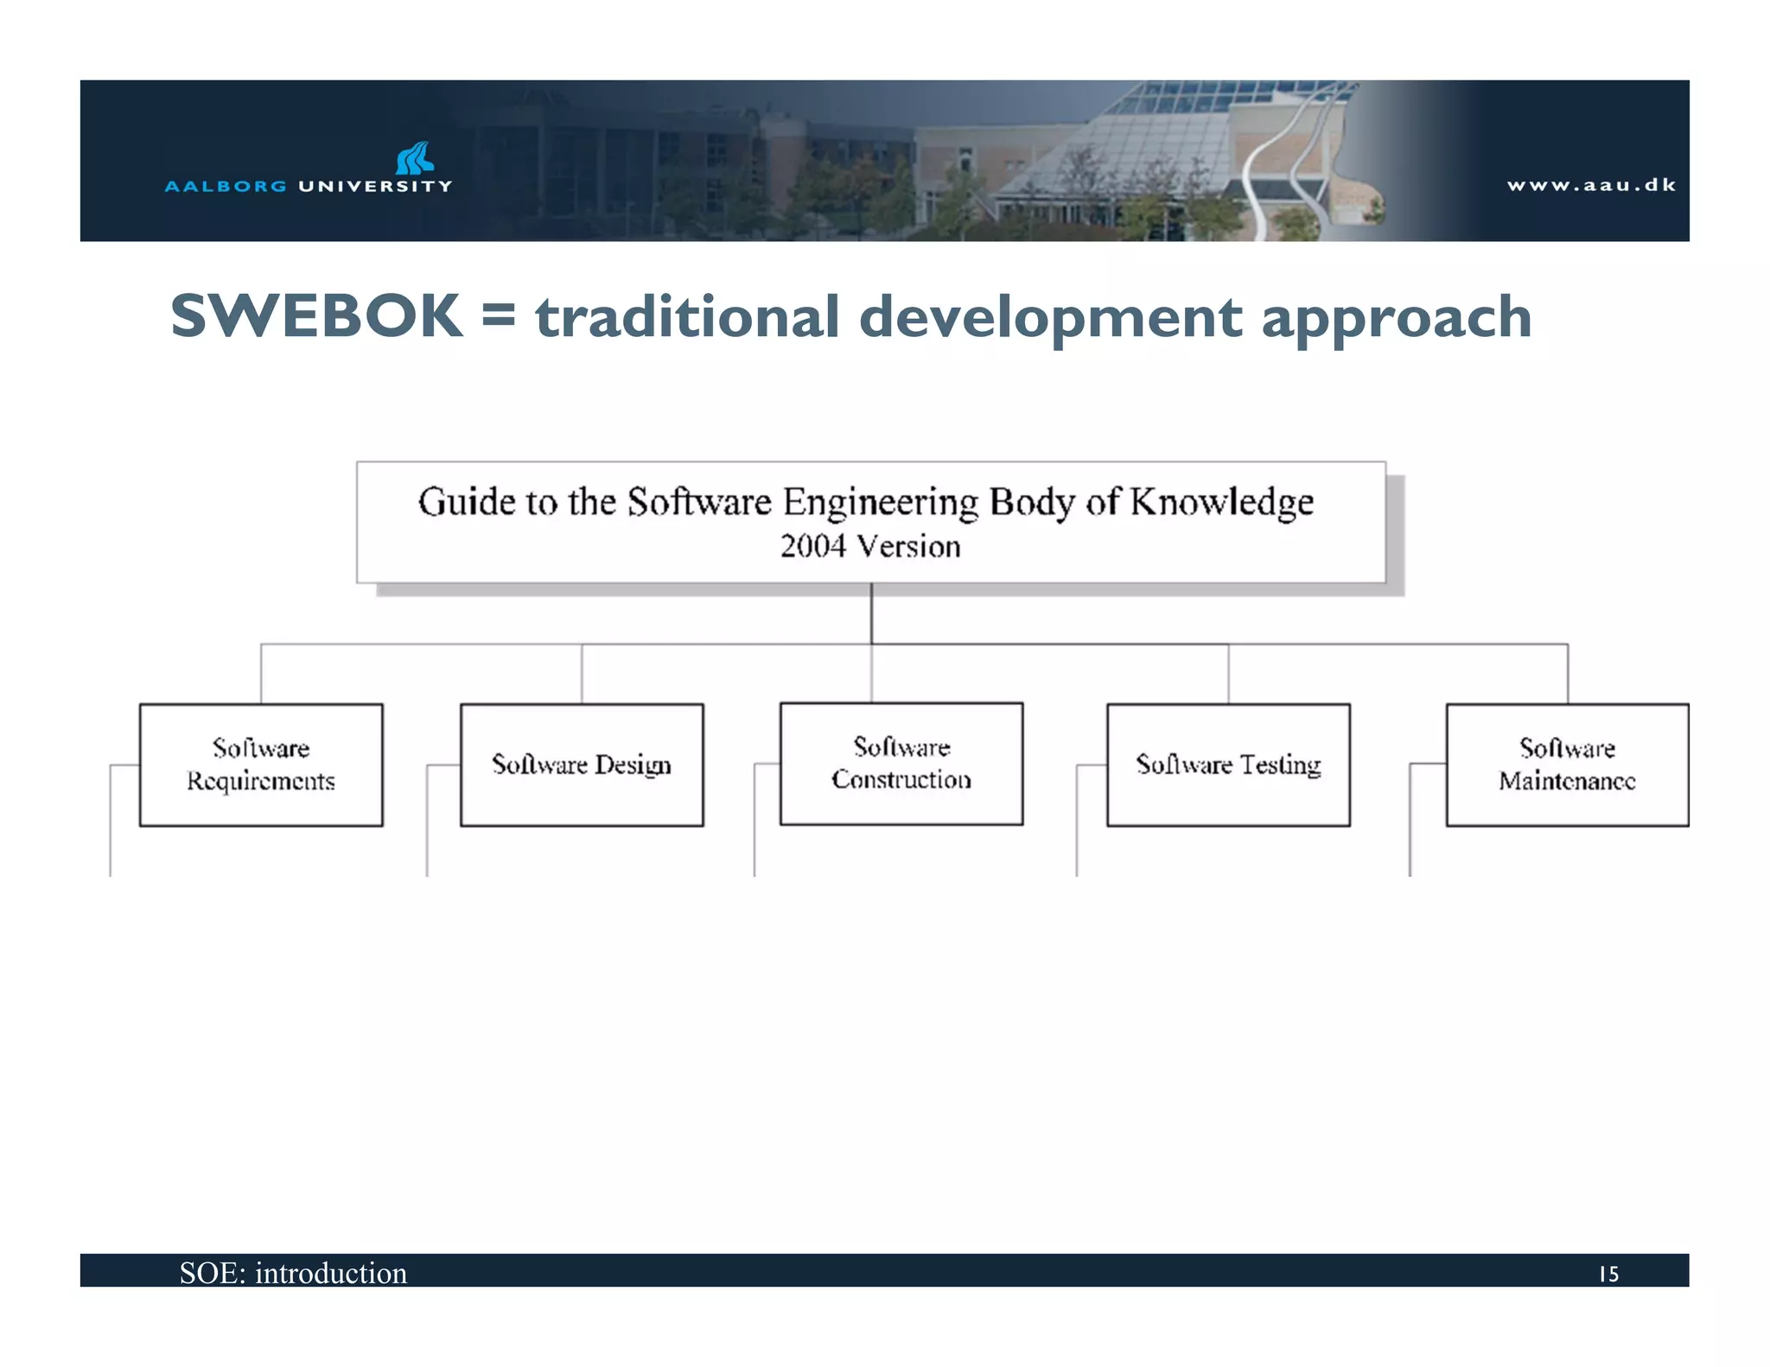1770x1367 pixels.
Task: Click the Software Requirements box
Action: (x=261, y=765)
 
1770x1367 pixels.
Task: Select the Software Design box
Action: (x=582, y=765)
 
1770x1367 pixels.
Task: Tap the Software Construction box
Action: (x=901, y=763)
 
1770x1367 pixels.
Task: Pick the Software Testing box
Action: (x=1228, y=765)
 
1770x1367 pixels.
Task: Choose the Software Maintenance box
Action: (x=1567, y=765)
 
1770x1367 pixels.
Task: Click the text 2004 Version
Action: (x=870, y=547)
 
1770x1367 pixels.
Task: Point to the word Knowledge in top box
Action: (x=1221, y=502)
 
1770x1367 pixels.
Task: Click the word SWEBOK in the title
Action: (x=316, y=316)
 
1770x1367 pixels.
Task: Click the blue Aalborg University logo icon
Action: (x=415, y=158)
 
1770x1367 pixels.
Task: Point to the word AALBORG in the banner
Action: (x=226, y=186)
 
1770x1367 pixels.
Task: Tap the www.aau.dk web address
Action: (x=1591, y=185)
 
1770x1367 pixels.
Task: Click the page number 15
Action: (x=1608, y=1274)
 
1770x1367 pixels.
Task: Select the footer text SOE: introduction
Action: (x=293, y=1273)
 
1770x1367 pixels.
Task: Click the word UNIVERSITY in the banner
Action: (x=375, y=186)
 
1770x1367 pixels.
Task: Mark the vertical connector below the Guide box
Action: (x=871, y=613)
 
